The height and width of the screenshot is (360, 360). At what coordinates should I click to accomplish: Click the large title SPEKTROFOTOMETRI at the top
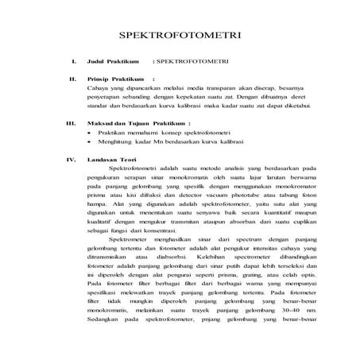coord(180,37)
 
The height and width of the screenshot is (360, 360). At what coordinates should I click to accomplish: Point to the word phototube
coord(257,195)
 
